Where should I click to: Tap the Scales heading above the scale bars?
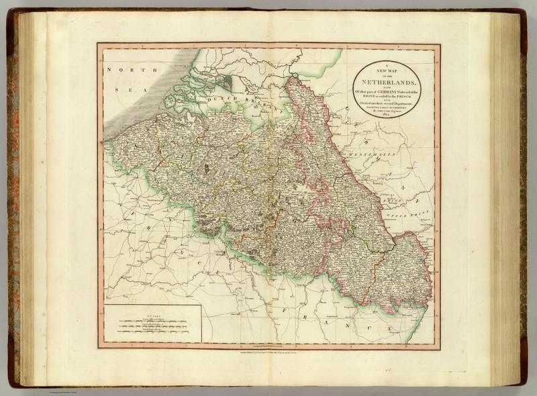coord(151,313)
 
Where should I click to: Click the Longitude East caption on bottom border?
coord(268,344)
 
